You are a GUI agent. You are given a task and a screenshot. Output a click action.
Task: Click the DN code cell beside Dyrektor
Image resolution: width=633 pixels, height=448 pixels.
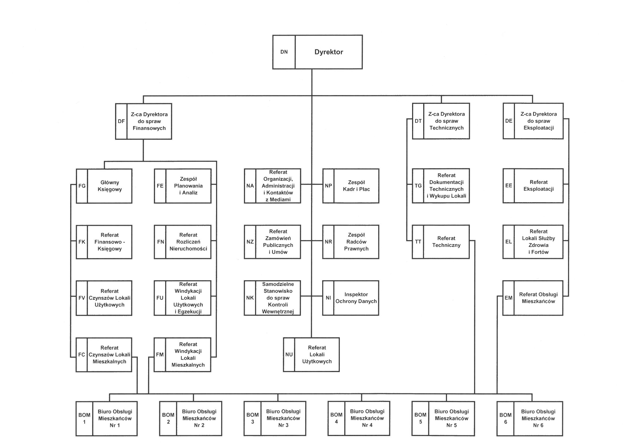tap(284, 52)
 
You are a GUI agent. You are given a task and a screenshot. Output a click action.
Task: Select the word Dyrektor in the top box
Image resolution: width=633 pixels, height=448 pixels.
tap(329, 52)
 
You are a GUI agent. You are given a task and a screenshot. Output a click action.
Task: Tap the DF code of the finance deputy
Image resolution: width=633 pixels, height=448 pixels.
tap(121, 121)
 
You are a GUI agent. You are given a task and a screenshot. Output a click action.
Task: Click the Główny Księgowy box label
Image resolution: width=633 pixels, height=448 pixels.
tap(109, 186)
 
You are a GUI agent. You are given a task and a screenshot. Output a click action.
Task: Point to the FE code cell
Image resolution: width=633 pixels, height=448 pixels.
tap(160, 186)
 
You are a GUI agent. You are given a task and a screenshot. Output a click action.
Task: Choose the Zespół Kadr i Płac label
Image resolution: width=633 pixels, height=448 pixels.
tap(356, 186)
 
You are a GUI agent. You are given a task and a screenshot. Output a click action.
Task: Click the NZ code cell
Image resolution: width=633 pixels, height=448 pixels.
tap(250, 242)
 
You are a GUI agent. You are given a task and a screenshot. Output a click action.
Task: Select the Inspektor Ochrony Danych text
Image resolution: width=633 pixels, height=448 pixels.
tap(356, 298)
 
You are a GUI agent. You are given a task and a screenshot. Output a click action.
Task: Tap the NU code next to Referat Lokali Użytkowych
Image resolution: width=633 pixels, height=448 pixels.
tap(289, 354)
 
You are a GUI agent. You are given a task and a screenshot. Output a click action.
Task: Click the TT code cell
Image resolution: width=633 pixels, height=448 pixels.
tap(418, 242)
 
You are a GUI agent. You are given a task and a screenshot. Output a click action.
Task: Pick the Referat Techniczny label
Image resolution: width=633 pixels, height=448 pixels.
tap(446, 241)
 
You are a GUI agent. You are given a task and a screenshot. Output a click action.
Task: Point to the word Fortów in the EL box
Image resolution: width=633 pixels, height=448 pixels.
tap(538, 252)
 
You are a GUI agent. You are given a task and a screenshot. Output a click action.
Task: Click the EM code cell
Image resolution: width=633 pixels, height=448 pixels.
tap(508, 298)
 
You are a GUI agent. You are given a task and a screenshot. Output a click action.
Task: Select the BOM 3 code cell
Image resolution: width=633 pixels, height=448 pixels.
tap(252, 418)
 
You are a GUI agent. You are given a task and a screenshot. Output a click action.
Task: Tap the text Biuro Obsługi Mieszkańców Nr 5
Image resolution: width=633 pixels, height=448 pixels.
tap(451, 418)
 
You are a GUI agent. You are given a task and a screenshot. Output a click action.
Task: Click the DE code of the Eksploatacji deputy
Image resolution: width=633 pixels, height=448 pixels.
tap(509, 121)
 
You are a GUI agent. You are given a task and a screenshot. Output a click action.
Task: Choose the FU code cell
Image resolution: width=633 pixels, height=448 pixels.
tap(160, 298)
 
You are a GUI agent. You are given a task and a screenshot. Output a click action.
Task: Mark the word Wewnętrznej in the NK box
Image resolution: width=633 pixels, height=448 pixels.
tap(278, 312)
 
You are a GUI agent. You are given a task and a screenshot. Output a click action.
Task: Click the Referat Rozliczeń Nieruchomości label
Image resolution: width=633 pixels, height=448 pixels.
tap(188, 242)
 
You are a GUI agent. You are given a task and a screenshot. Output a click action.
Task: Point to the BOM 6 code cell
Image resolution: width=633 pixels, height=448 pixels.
tap(505, 418)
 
